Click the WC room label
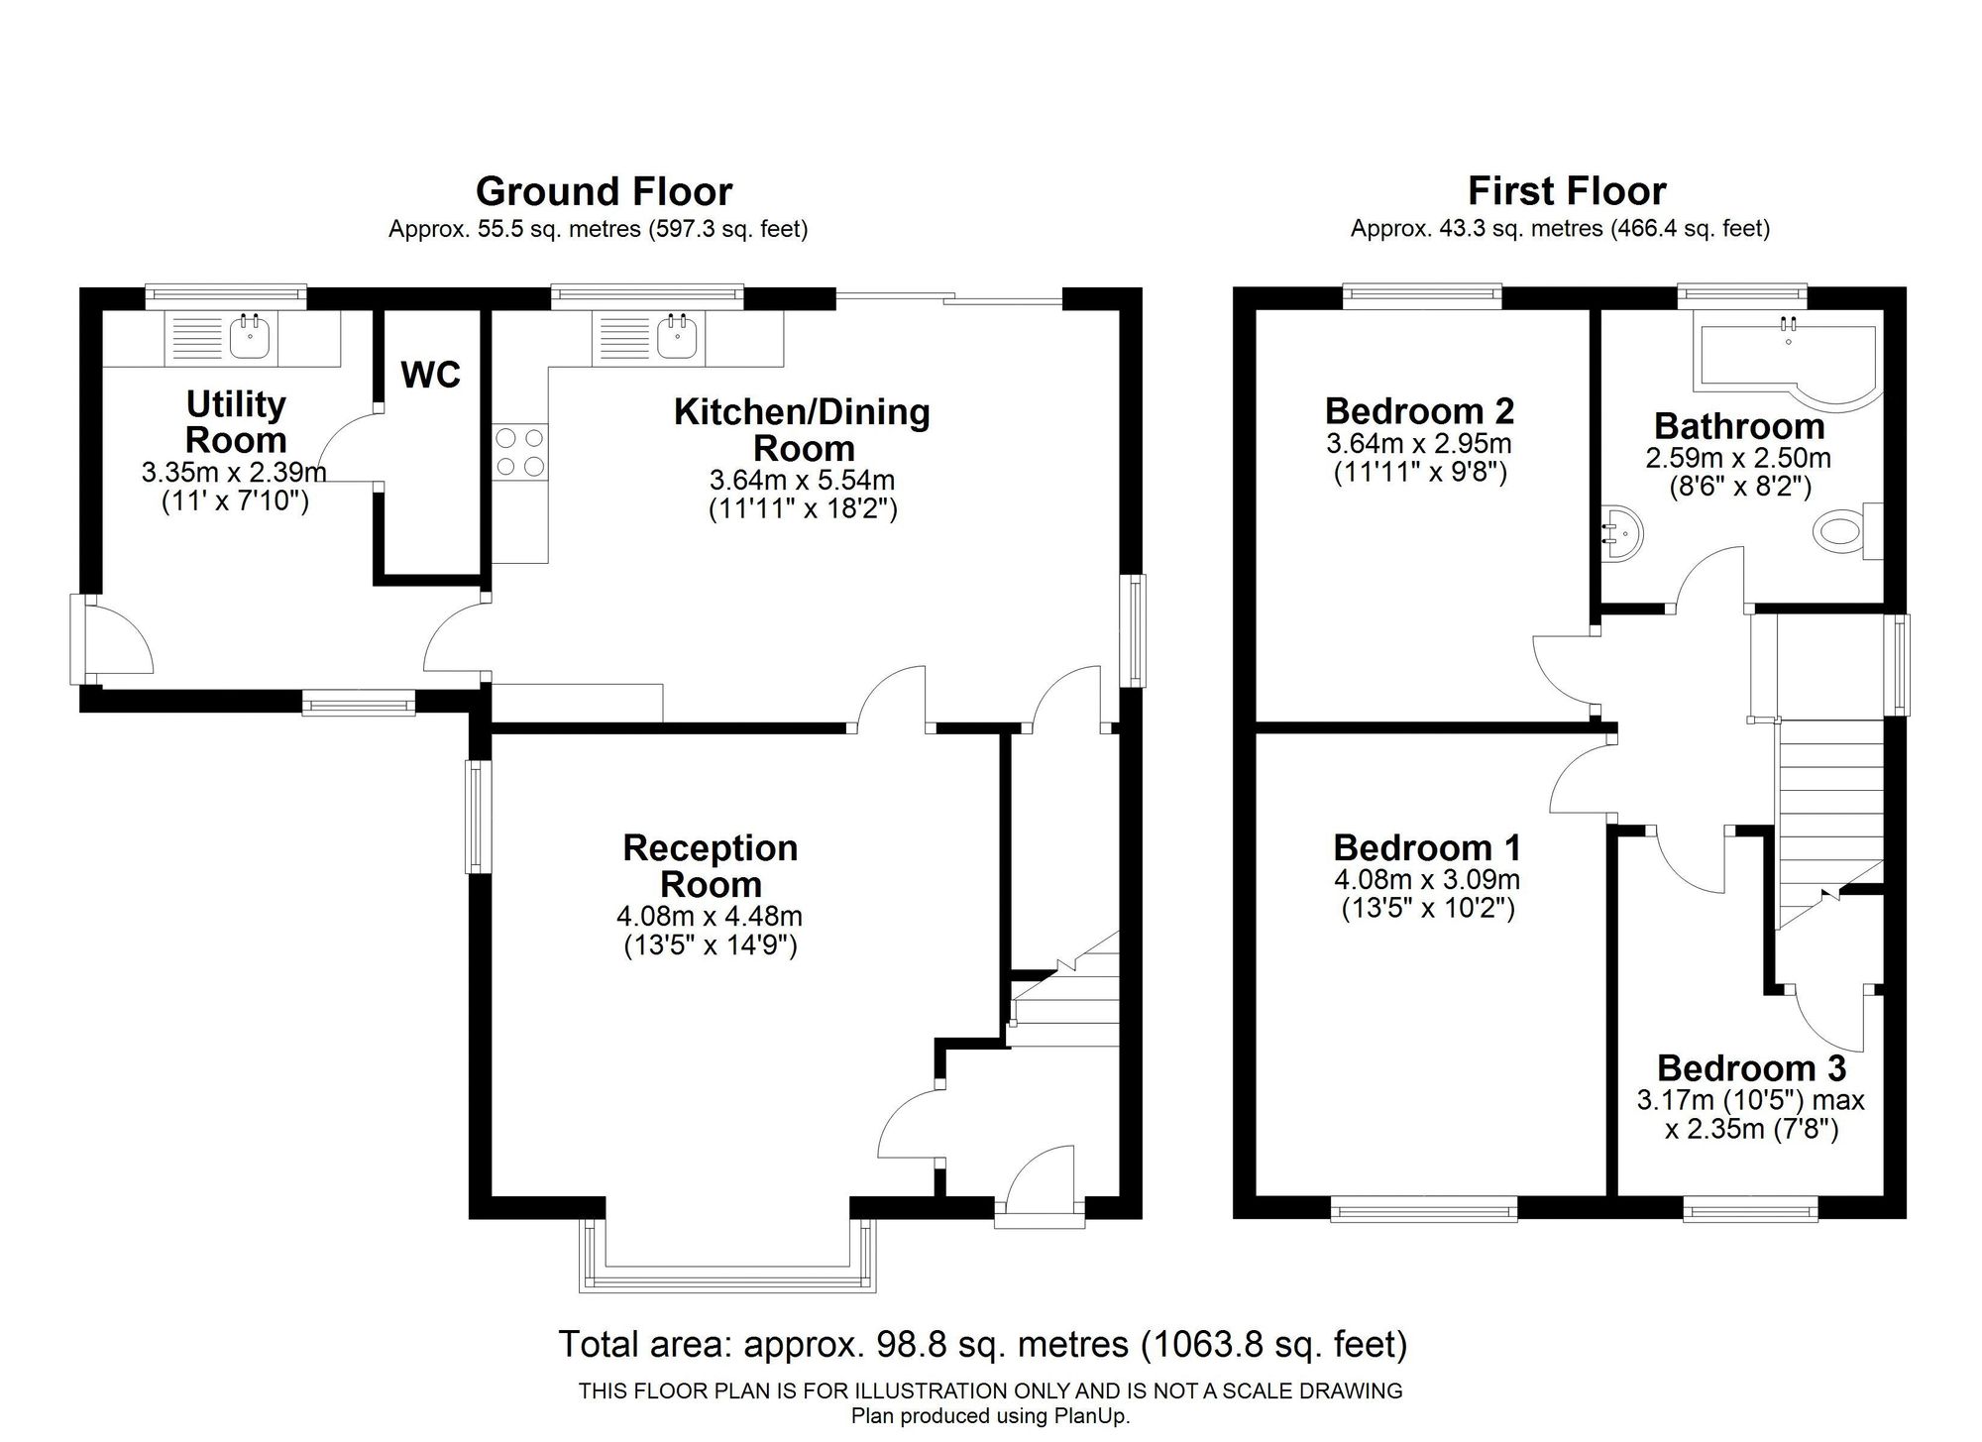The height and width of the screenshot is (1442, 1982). pyautogui.click(x=431, y=375)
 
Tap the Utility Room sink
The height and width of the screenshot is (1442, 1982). pyautogui.click(x=250, y=337)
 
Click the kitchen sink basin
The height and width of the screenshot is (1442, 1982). pyautogui.click(x=678, y=337)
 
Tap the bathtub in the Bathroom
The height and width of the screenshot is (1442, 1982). pyautogui.click(x=1790, y=362)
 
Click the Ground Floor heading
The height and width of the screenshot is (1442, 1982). pyautogui.click(x=604, y=190)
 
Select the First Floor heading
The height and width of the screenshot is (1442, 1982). pyautogui.click(x=1567, y=190)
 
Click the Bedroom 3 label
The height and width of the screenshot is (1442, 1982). pyautogui.click(x=1751, y=1067)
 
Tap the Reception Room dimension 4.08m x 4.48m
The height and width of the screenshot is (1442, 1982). pyautogui.click(x=710, y=916)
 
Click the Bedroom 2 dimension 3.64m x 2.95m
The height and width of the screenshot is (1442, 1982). pyautogui.click(x=1419, y=443)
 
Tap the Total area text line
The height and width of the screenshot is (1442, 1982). pyautogui.click(x=983, y=1345)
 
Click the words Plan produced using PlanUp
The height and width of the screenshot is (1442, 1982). pyautogui.click(x=990, y=1416)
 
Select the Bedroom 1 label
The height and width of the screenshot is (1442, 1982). pyautogui.click(x=1427, y=847)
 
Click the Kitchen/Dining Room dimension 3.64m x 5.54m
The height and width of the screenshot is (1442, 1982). pyautogui.click(x=802, y=481)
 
